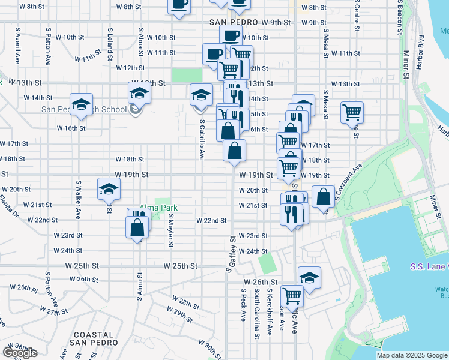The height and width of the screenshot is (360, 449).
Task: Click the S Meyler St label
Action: [x=171, y=232]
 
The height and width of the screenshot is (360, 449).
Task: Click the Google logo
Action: [x=19, y=353]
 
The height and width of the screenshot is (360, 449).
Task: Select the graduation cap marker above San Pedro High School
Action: [x=139, y=95]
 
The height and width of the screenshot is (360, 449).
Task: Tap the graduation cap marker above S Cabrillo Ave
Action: [x=201, y=94]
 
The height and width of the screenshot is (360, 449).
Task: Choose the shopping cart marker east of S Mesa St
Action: [x=352, y=112]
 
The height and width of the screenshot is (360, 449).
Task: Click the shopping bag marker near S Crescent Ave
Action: [x=323, y=196]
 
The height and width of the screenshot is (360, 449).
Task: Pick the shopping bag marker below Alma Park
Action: [x=137, y=227]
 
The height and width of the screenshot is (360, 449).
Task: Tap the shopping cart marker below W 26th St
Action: [x=292, y=295]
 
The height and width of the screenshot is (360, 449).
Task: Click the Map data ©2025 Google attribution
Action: [x=412, y=355]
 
